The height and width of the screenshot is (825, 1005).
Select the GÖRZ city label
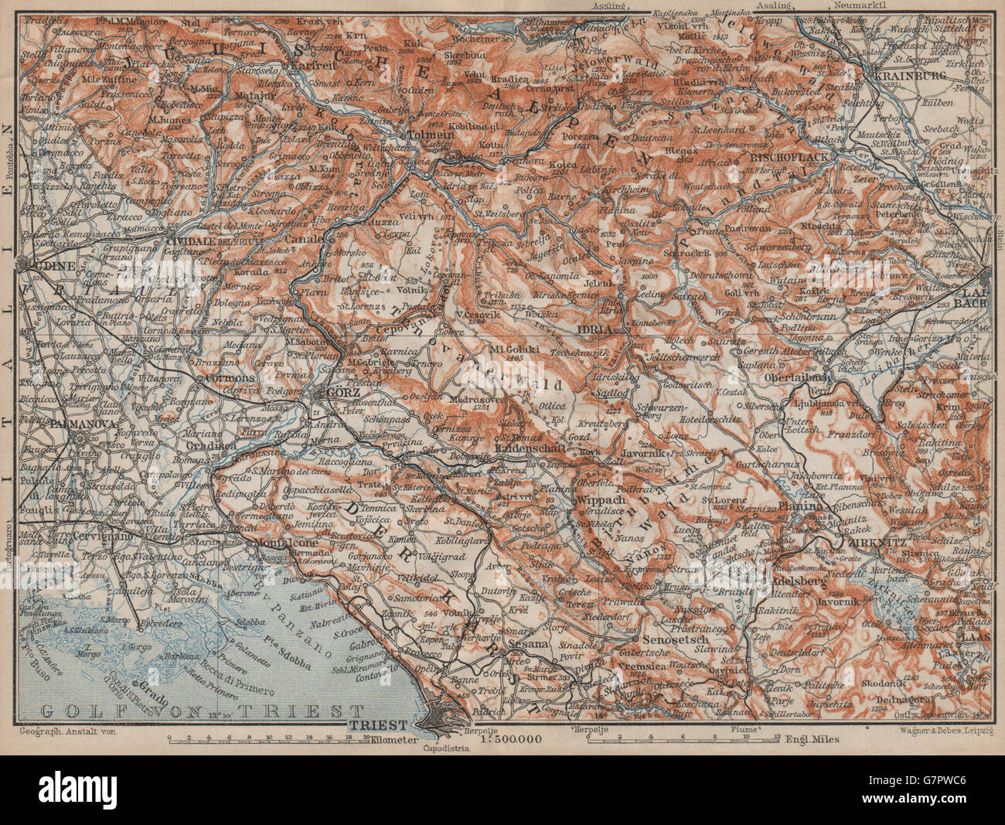coord(342,392)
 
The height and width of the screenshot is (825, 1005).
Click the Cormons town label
coord(229,378)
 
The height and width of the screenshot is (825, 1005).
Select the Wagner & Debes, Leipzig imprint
coord(941,729)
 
